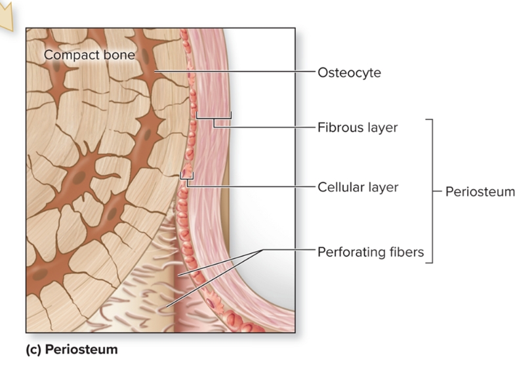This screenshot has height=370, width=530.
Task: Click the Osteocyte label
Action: click(x=349, y=73)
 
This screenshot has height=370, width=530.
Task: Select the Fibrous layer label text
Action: click(x=357, y=127)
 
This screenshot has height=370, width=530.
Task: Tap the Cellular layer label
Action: click(x=357, y=187)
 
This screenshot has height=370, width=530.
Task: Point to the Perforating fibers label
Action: click(x=371, y=251)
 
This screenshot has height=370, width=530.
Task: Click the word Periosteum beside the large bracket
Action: click(x=480, y=192)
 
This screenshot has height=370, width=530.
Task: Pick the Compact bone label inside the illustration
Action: click(x=89, y=55)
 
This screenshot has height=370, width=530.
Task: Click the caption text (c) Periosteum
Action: click(x=71, y=349)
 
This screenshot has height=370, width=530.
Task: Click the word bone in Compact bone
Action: click(x=119, y=55)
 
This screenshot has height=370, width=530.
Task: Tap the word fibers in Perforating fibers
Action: click(x=407, y=251)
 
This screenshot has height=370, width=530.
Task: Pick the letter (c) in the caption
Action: click(x=32, y=349)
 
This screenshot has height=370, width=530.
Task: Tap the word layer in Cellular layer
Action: click(x=382, y=187)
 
